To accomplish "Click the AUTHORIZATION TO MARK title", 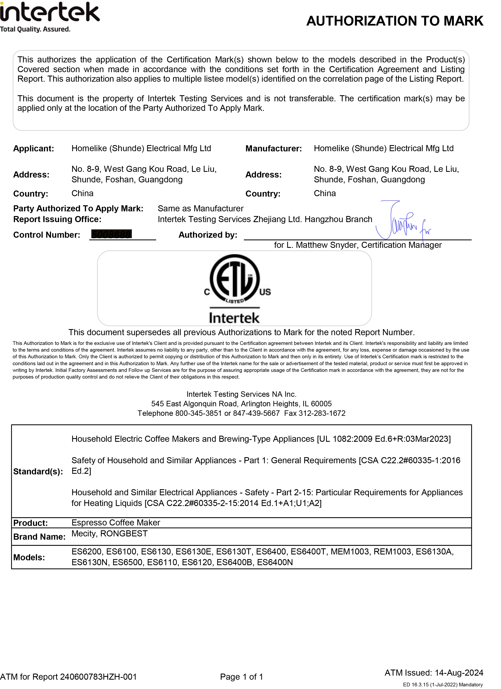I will point(394,21).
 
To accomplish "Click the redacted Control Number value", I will point(111,234).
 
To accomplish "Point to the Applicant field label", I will point(33,149).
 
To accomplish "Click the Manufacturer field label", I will point(273,149).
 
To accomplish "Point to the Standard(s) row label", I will point(38,472).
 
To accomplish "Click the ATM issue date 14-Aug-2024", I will point(459,673).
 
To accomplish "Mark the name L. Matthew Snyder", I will point(322,245).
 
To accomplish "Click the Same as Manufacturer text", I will point(200,208).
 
